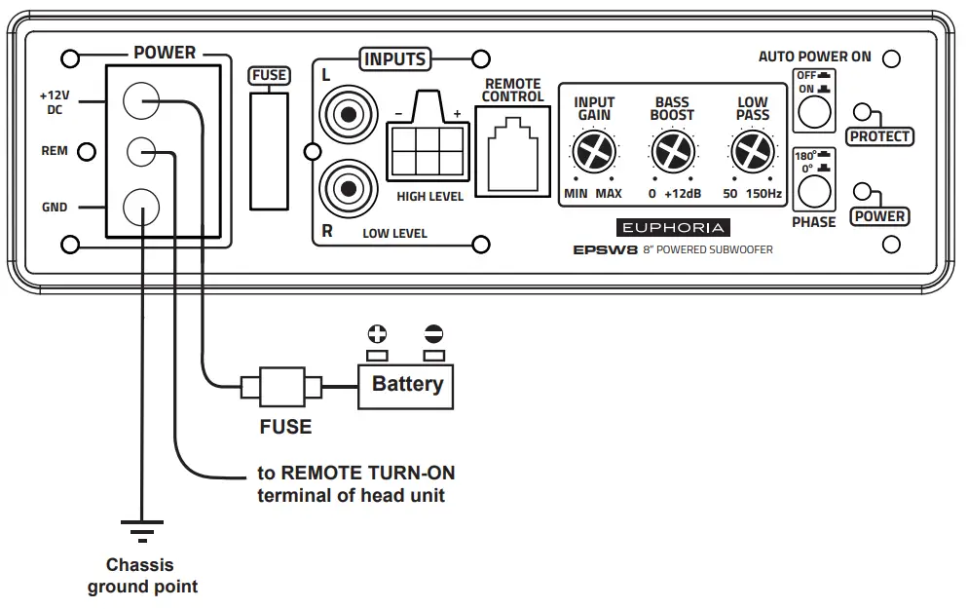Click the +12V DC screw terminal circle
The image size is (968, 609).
[141, 99]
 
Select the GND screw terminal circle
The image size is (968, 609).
[141, 207]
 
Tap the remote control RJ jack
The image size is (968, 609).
[512, 151]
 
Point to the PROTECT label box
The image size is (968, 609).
[879, 136]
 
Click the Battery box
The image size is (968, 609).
[407, 384]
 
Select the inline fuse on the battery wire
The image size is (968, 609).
[282, 388]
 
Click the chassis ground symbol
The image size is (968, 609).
[142, 530]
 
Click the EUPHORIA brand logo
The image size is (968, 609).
[672, 228]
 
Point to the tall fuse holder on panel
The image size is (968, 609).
[270, 148]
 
